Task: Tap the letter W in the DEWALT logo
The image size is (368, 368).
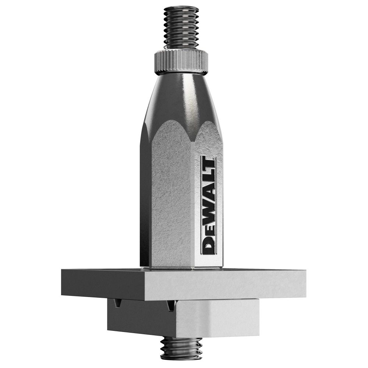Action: [209, 213]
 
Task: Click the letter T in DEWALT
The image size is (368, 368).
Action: [209, 166]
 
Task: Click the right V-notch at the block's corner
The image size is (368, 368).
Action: [170, 305]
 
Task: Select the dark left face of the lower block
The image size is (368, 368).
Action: [138, 316]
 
